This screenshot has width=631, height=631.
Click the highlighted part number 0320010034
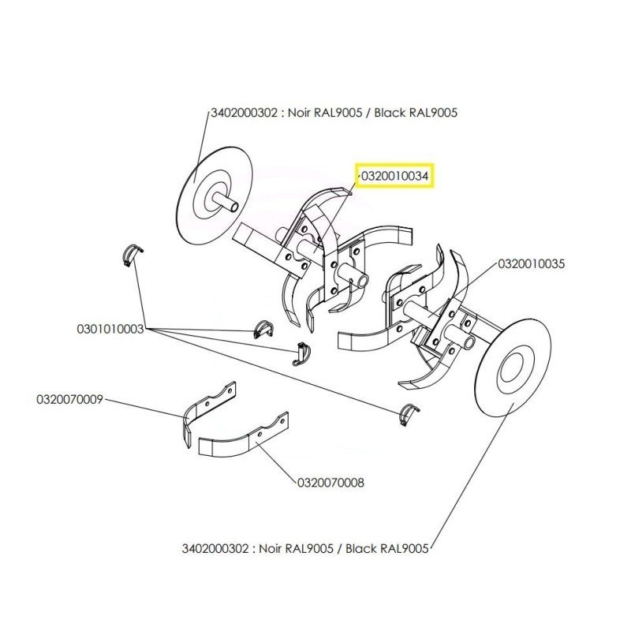pyautogui.click(x=394, y=177)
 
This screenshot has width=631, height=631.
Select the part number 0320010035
pyautogui.click(x=531, y=265)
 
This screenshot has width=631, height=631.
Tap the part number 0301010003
pyautogui.click(x=110, y=328)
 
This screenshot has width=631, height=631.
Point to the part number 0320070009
pyautogui.click(x=69, y=399)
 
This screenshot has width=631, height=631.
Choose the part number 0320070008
pyautogui.click(x=330, y=482)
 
